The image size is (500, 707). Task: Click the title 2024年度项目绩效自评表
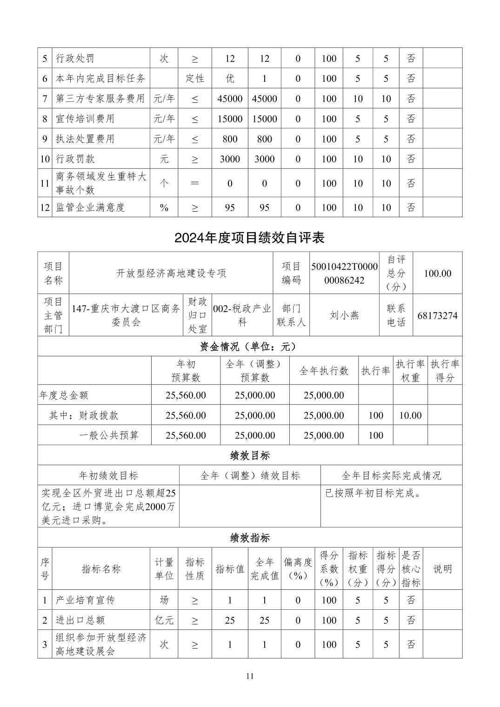tap(249, 238)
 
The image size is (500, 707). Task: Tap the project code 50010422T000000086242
tap(344, 273)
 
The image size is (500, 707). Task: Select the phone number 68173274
tap(437, 316)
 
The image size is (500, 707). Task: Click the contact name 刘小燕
tap(344, 316)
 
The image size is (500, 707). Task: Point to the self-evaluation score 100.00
tap(437, 273)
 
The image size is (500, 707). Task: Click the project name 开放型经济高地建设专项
tap(171, 273)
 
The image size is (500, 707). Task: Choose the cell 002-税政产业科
tap(242, 316)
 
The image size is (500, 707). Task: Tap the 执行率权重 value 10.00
tap(410, 415)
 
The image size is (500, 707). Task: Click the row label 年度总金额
tap(64, 395)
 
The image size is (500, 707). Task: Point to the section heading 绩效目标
tap(250, 455)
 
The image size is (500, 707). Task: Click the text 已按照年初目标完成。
tap(373, 493)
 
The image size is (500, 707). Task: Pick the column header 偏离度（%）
tap(298, 569)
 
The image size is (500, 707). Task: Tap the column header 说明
tap(442, 569)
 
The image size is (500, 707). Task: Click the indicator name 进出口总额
tap(80, 620)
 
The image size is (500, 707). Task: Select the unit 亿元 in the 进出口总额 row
tap(164, 620)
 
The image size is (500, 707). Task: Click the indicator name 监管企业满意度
tap(90, 207)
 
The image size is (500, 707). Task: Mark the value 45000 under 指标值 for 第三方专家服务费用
tap(230, 99)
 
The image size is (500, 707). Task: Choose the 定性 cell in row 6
tap(195, 79)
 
